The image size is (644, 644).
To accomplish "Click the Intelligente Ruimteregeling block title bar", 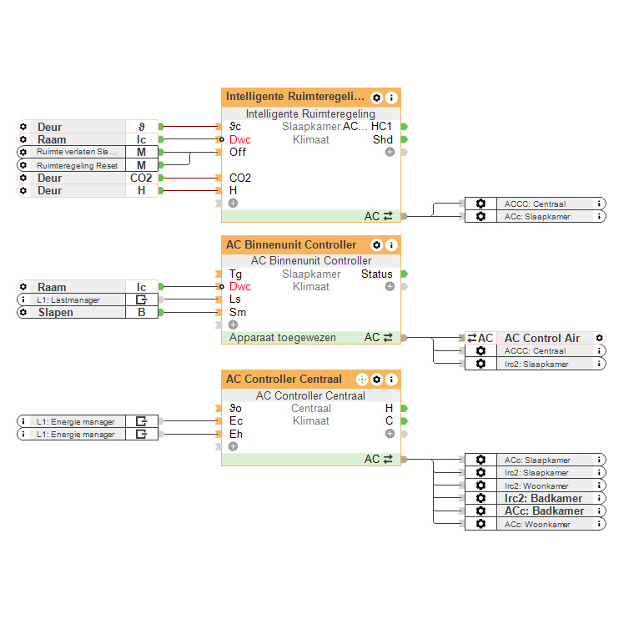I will pos(295,97).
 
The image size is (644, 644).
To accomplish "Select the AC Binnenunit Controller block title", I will pos(291,245).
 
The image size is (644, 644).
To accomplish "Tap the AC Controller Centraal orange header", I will pos(284,380).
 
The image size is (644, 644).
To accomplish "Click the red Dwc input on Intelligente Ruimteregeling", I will pos(239,139).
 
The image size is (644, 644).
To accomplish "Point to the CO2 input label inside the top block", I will pos(240,178).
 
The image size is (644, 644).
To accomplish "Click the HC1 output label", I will pos(382,127).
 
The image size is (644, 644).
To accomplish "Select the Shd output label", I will pos(383,139).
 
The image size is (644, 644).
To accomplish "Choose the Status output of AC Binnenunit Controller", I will pos(377,274).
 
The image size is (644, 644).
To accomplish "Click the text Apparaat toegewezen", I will pos(283,338).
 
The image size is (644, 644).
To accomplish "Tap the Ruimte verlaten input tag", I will pos(78,153).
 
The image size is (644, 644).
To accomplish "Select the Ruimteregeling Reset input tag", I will pos(78,165).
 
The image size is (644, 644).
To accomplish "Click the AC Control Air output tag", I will pos(541,338).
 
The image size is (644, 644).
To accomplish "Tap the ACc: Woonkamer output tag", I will pos(538,524).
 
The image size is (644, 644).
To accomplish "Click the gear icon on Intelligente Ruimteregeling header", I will pos(377,98).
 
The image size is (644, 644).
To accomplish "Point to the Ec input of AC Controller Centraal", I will pos(236,421).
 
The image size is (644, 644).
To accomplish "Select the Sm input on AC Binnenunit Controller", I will pos(237,313).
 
